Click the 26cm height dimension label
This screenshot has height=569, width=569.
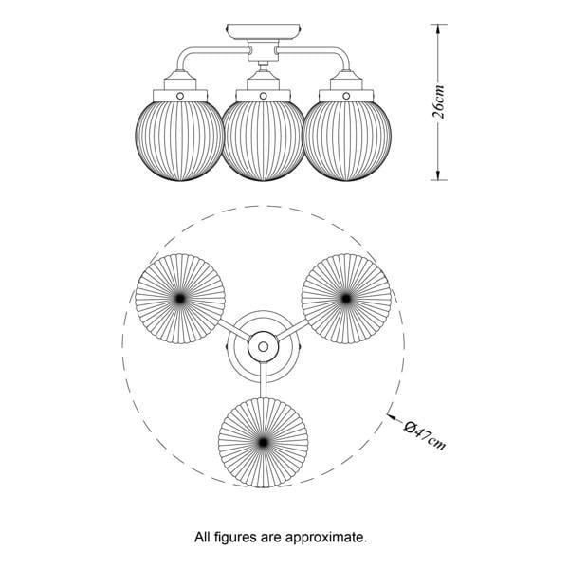438,102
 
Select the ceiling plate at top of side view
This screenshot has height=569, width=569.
264,32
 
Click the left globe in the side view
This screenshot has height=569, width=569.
180,140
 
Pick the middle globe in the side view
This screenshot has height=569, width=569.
263,140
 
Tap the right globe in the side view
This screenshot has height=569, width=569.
346,140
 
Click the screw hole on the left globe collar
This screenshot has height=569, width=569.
180,96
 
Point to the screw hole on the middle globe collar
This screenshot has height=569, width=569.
263,96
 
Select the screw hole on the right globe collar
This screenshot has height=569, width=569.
346,96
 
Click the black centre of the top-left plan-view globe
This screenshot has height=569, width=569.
180,299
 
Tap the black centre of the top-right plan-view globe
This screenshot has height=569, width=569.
346,299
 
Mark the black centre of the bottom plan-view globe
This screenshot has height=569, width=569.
263,442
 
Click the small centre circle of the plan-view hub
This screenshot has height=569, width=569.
263,347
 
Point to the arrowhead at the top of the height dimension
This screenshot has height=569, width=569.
438,29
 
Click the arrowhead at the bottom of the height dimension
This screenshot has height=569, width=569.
438,174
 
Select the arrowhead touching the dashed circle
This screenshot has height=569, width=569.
391,416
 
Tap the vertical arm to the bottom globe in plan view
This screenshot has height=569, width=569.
264,379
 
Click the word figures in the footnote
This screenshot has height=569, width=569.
236,537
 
